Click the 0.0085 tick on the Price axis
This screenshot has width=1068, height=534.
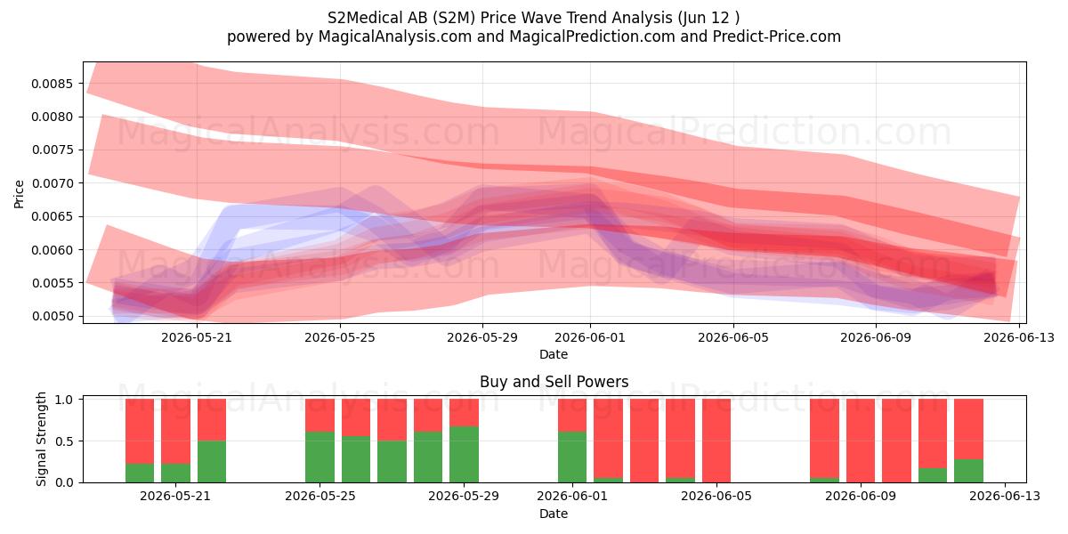coord(52,84)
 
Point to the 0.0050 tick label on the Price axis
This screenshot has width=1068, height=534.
coord(52,316)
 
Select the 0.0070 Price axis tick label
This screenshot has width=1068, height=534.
coord(52,183)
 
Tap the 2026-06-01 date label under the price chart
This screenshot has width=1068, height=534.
coord(590,337)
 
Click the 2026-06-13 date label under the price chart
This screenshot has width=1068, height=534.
coord(1019,337)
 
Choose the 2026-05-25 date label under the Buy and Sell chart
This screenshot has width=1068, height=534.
coord(320,496)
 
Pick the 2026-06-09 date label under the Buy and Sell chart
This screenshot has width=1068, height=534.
coord(861,496)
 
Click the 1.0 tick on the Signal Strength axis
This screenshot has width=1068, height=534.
coord(64,400)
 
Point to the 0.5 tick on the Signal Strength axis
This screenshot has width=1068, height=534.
coord(64,441)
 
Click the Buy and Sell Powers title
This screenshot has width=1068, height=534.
coord(554,382)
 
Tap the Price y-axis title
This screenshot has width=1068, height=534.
coord(19,194)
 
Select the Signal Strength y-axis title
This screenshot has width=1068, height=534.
coord(41,439)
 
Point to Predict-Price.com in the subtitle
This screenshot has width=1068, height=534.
coord(777,36)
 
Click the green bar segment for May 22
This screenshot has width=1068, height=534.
coord(212,462)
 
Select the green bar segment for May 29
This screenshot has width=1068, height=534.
coord(464,455)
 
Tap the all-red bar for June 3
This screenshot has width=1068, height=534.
coord(644,441)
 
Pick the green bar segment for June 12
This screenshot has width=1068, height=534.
coord(968,471)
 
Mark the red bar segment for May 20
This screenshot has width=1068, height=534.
coord(140,432)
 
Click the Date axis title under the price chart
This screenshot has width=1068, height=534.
coord(554,354)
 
